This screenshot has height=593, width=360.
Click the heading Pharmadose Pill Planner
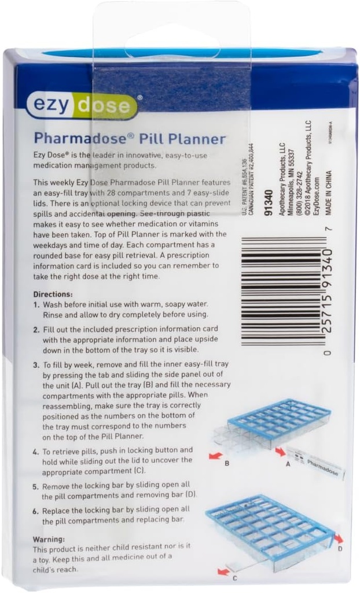(129, 139)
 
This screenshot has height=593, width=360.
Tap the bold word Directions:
(53, 294)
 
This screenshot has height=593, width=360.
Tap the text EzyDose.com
(316, 197)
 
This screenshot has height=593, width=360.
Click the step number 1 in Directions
(36, 305)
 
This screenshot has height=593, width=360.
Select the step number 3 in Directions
(36, 365)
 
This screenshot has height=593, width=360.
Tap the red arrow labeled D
(339, 539)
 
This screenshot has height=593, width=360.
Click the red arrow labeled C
(223, 572)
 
